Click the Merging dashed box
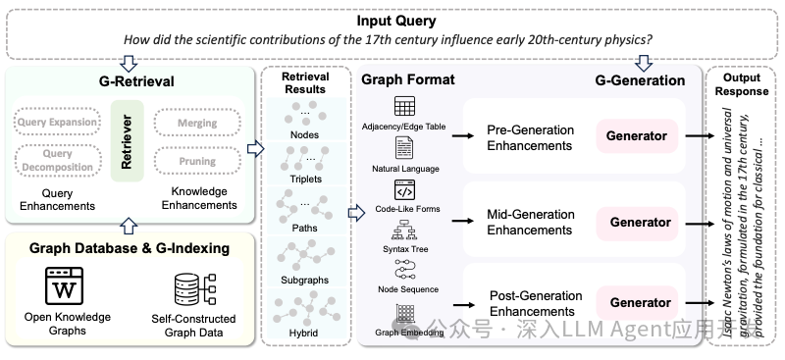click(198, 124)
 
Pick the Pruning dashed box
click(198, 161)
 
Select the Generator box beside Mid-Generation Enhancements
click(640, 222)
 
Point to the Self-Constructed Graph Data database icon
click(192, 289)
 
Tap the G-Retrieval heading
click(127, 80)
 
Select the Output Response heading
click(746, 84)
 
